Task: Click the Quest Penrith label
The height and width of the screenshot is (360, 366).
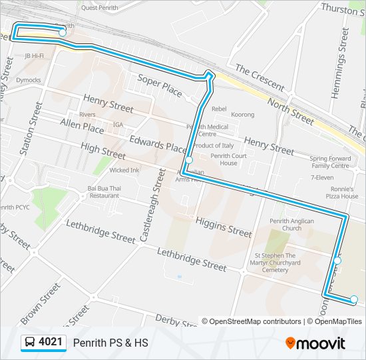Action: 99,8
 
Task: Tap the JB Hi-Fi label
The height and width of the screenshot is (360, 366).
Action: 34,56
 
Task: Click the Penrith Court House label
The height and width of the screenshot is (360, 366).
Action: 228,159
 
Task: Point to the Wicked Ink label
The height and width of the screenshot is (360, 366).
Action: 124,170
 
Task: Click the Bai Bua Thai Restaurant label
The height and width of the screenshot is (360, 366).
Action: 103,192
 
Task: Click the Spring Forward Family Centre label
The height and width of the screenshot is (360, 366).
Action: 329,162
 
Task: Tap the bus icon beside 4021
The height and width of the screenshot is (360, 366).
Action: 31,343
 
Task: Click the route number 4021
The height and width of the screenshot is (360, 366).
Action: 51,343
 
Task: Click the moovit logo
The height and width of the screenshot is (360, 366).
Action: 315,343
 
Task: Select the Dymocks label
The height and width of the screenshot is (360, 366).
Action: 29,80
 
